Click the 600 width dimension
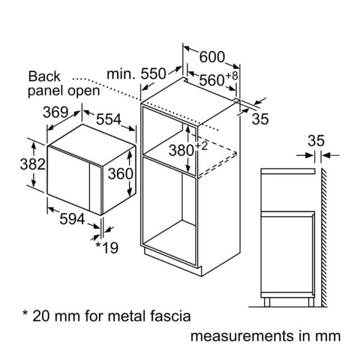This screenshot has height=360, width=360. click(212, 57)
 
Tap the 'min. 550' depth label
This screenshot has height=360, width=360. click(137, 74)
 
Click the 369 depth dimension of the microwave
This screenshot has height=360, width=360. click(56, 112)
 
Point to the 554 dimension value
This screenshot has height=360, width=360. click(109, 119)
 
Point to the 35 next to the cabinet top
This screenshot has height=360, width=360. click(260, 119)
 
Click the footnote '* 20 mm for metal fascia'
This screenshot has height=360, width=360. click(105, 316)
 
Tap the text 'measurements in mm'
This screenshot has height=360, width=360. click(265, 336)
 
